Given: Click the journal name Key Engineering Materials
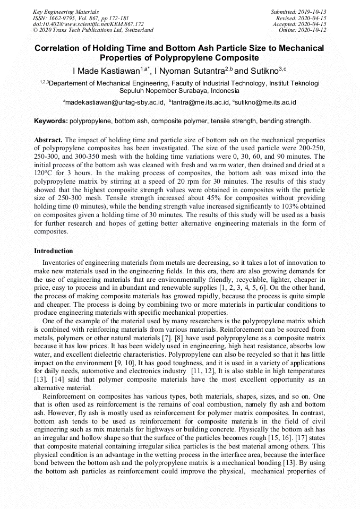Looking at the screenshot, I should click(65, 11).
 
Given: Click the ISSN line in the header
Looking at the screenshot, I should click(80, 18).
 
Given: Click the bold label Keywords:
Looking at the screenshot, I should click(51, 121).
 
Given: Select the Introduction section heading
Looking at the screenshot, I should click(54, 251).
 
